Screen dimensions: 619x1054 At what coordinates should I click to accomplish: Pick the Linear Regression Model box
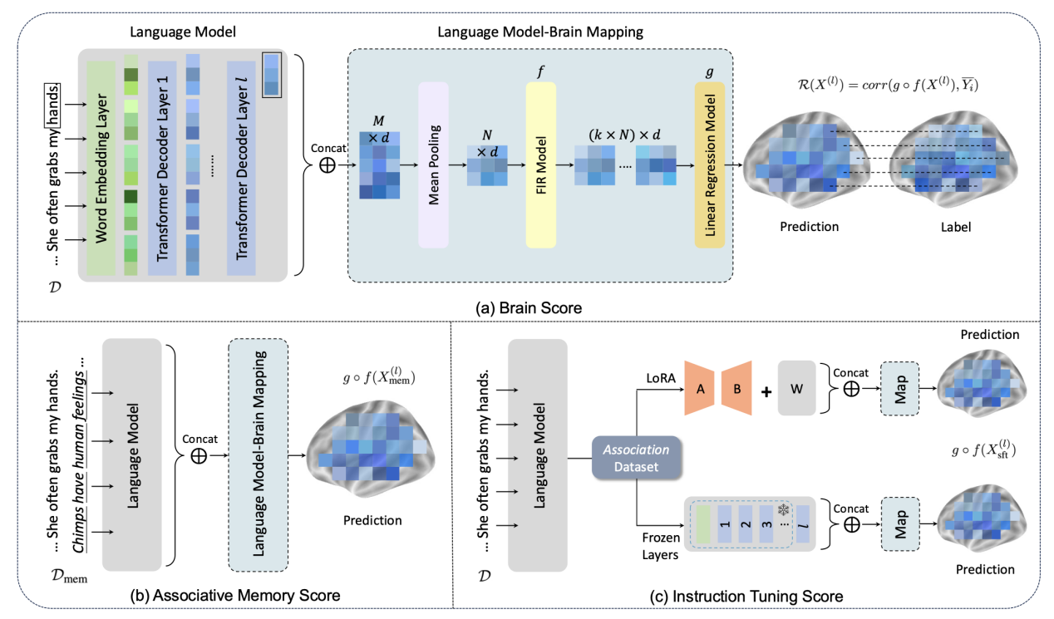coord(710,165)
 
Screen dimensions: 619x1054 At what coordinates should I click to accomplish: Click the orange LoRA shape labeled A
coord(700,387)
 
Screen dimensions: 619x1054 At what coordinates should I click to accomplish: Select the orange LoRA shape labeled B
coord(736,387)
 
